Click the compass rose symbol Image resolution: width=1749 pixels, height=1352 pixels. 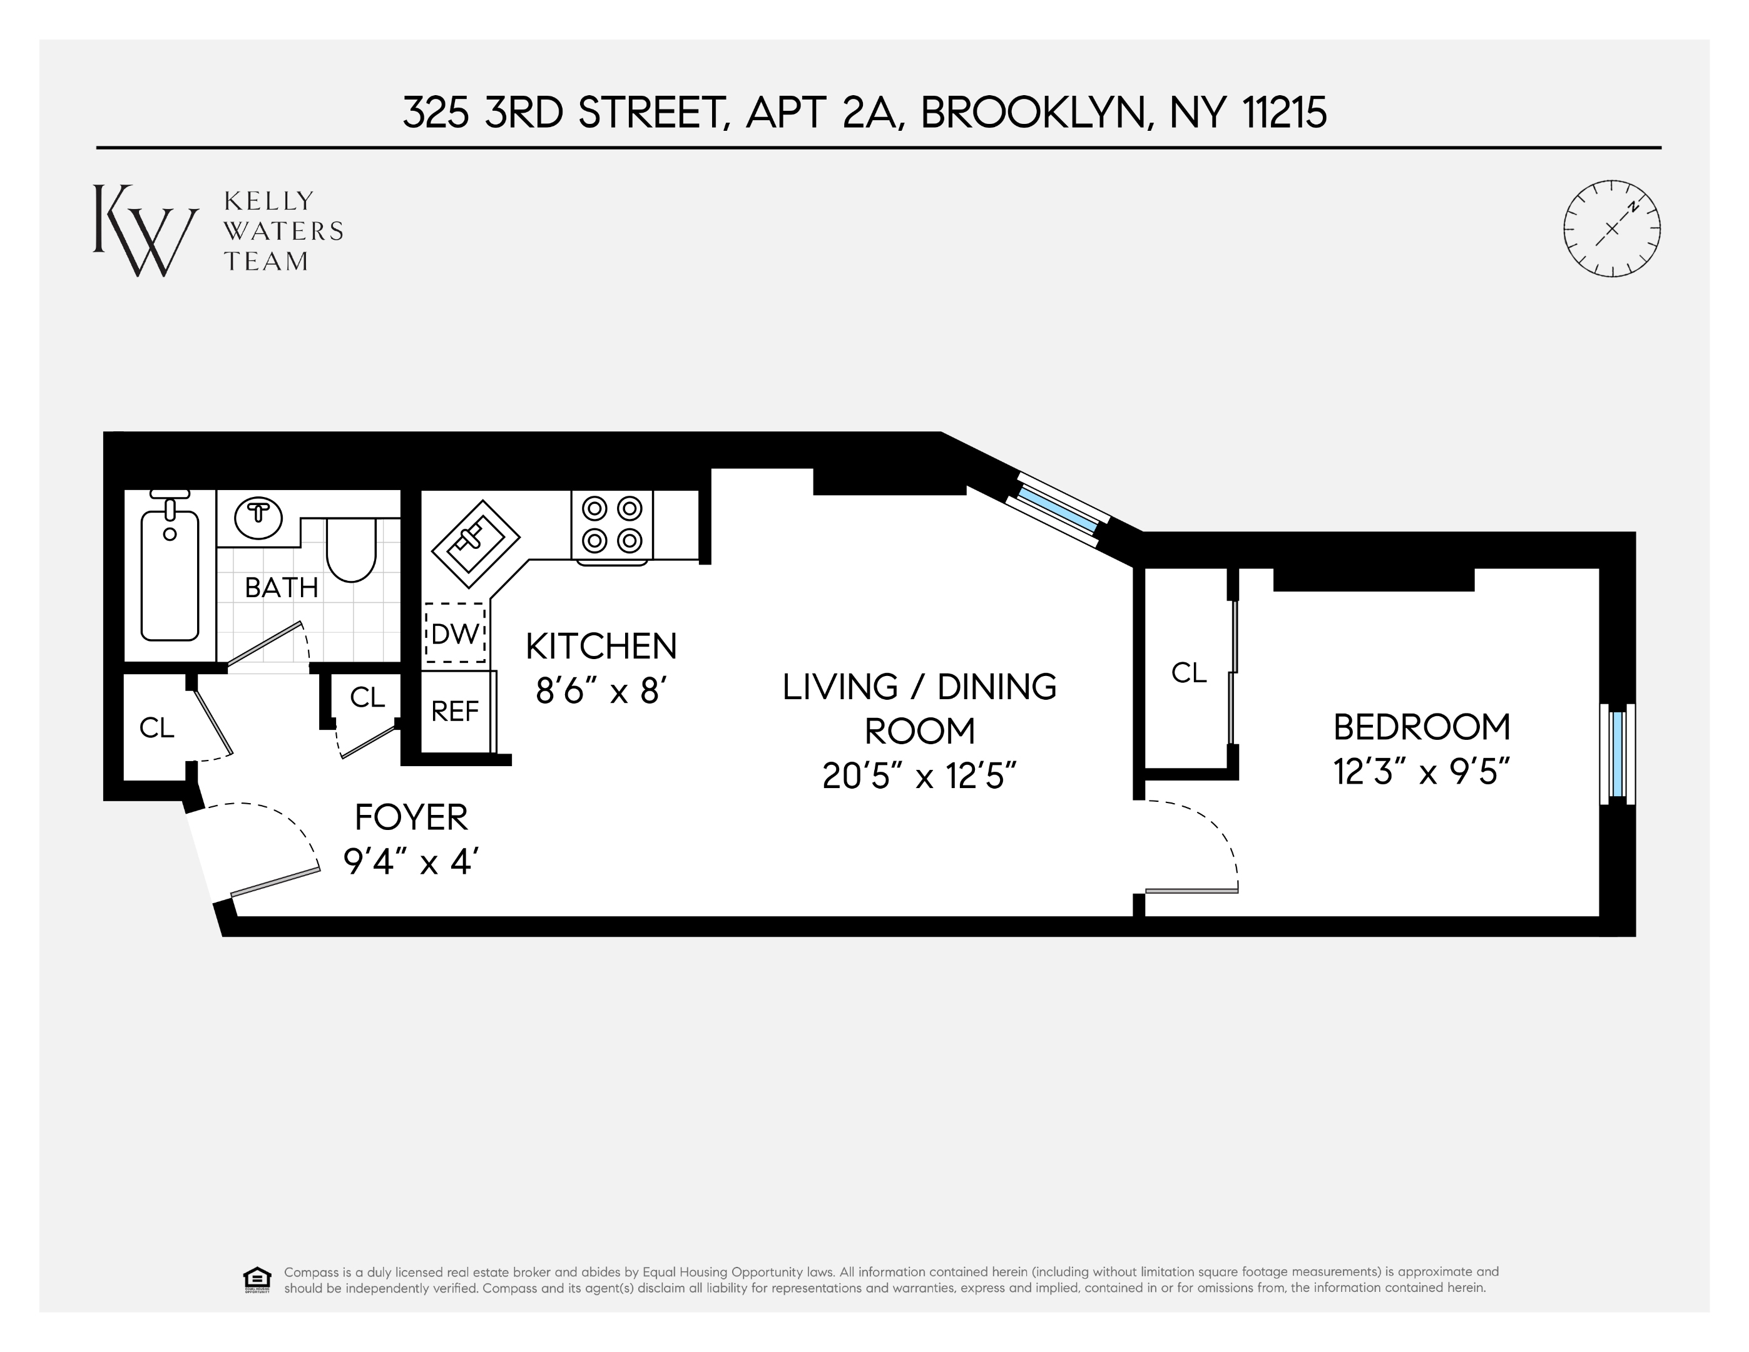1611,229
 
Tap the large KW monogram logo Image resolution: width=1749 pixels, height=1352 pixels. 144,231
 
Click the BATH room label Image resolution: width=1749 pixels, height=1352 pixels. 281,588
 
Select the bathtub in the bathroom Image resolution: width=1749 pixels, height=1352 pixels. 170,573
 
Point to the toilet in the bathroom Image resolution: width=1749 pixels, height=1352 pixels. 351,550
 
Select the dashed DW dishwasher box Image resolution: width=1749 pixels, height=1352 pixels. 455,633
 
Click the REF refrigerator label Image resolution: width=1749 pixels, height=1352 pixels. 455,711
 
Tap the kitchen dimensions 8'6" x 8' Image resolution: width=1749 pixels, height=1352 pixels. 601,690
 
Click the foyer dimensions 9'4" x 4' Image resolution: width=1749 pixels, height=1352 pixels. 411,862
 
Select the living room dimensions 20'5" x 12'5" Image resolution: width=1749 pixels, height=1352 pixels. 919,776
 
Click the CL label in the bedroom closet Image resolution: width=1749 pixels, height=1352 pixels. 1188,673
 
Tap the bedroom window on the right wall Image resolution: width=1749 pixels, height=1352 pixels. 1617,753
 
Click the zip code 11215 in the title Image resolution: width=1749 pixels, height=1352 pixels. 1285,113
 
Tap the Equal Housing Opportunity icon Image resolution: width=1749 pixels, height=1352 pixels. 257,1280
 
